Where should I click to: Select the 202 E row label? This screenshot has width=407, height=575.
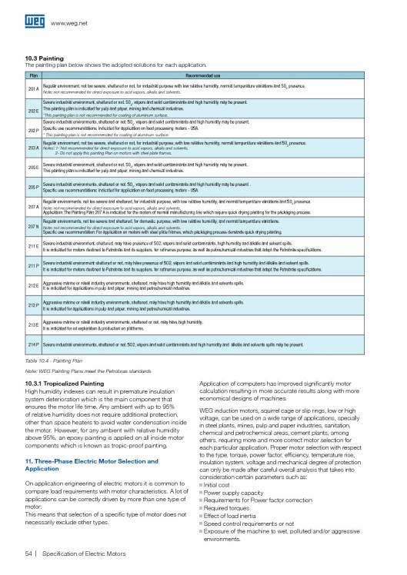pyautogui.click(x=33, y=111)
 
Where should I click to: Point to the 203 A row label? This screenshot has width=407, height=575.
pyautogui.click(x=33, y=147)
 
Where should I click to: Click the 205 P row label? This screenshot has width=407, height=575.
pyautogui.click(x=33, y=187)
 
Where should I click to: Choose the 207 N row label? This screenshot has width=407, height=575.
pyautogui.click(x=33, y=227)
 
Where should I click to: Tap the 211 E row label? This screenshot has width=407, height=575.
pyautogui.click(x=33, y=247)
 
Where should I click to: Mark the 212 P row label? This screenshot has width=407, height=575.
pyautogui.click(x=33, y=306)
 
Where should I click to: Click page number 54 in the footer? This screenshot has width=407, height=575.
pyautogui.click(x=29, y=556)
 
